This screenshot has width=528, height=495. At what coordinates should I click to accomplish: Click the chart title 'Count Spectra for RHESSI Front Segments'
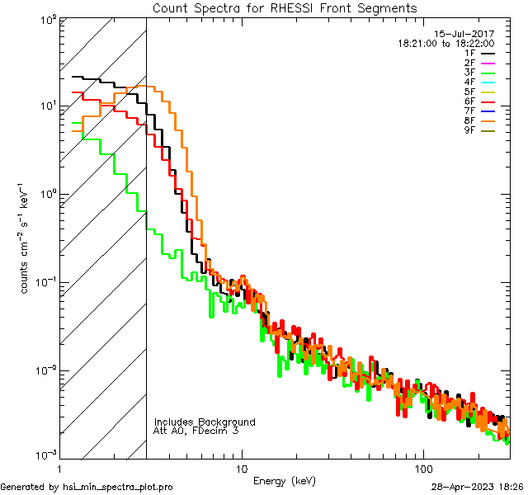(x=285, y=7)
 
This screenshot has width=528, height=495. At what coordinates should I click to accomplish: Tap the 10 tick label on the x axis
(x=242, y=467)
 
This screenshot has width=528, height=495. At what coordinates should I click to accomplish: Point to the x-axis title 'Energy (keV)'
(x=284, y=480)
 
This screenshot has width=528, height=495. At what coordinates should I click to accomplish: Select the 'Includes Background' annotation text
(x=205, y=422)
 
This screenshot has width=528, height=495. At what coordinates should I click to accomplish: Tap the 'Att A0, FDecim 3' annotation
(x=196, y=431)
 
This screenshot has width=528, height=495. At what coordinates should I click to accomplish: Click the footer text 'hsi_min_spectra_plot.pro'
(x=117, y=487)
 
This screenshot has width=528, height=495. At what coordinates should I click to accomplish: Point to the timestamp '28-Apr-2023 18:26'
(x=478, y=487)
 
